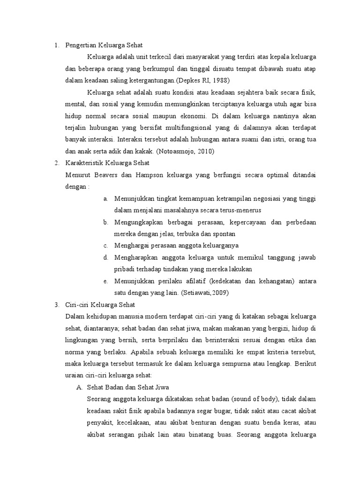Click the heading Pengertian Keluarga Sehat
click(104, 45)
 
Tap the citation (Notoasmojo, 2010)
click(185, 151)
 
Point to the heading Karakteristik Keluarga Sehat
click(107, 163)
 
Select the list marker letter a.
click(106, 198)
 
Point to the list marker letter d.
click(106, 257)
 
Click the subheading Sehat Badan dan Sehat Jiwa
click(128, 387)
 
